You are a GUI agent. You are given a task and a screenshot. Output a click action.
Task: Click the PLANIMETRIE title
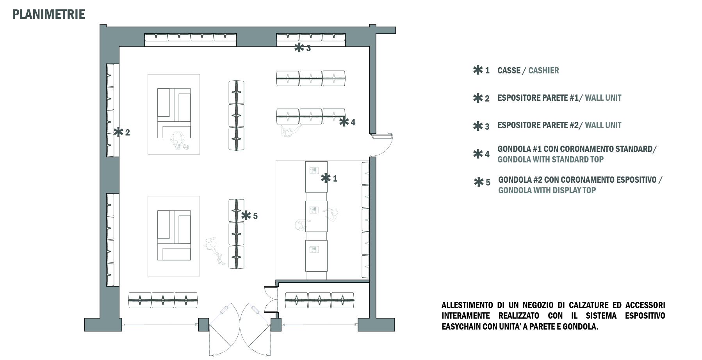[x=49, y=14]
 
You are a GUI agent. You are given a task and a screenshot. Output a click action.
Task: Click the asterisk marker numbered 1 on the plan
[x=325, y=178]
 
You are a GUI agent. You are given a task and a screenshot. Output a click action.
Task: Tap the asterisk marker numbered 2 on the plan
[x=118, y=132]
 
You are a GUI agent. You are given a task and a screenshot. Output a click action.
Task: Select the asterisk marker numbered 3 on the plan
[x=299, y=48]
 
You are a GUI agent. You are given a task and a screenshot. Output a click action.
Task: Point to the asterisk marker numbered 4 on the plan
[x=344, y=122]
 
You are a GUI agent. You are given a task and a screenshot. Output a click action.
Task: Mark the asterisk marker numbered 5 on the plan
[x=246, y=216]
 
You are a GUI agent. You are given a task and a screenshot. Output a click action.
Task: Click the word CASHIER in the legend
[x=543, y=71]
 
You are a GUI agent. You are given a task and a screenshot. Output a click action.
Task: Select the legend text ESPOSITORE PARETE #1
[x=538, y=98]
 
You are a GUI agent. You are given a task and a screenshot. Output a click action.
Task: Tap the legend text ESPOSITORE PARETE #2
[x=538, y=125]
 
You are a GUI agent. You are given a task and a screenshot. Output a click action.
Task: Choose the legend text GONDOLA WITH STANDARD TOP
[x=551, y=159]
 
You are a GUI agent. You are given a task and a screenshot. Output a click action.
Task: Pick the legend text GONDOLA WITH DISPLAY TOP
[x=547, y=190]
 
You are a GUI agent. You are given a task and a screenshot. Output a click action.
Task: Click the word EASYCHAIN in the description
[x=461, y=326]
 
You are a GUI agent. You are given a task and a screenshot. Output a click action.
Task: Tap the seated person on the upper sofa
[x=178, y=139]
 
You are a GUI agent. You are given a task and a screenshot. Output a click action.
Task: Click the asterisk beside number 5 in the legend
[x=478, y=182]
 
